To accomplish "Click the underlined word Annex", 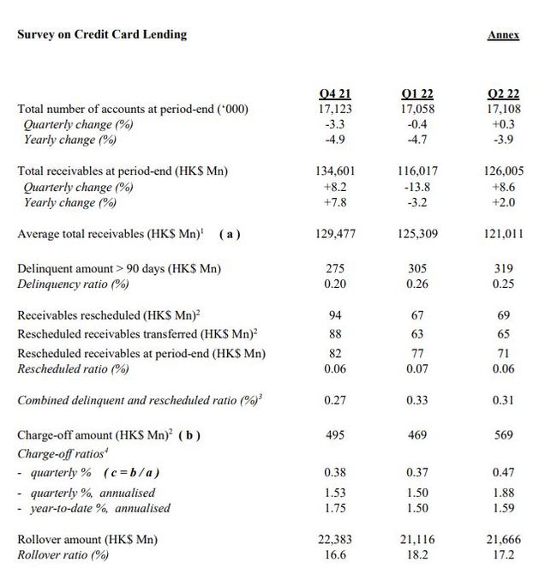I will coord(503,35).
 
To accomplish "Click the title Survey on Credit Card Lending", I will coord(102,35).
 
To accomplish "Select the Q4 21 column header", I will coord(334,94).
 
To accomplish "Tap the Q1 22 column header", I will coord(418,94).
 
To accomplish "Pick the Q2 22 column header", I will coord(503,94).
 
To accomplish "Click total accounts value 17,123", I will coord(334,109).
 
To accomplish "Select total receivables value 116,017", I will coord(418,170).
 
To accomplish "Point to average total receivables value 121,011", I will coord(503,233).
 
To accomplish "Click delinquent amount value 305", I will coord(418,269).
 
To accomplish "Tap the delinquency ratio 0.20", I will coord(334,284).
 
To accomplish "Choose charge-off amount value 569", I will coord(503,435).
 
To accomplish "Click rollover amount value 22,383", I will coord(334,540).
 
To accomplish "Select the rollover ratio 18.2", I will coord(418,555).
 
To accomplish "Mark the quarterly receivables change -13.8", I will coord(418,186).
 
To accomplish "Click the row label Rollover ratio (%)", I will coord(63,555).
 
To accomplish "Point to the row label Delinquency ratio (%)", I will coord(73,284).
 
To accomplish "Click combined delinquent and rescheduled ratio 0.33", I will coord(418,399).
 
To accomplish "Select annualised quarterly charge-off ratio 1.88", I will coord(503,493).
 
